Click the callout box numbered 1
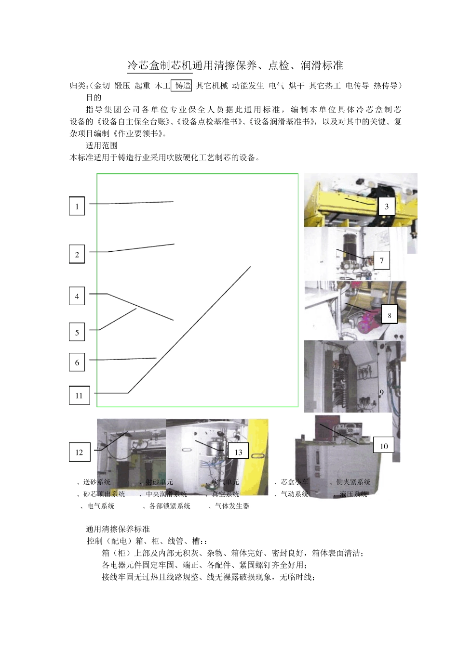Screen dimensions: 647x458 tap(77, 206)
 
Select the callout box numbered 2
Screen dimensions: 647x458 tap(77, 255)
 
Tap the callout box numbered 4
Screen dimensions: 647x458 tap(77, 296)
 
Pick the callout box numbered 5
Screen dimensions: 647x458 tap(77, 332)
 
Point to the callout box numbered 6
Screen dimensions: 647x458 tap(77, 362)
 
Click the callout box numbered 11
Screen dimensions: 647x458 tap(79, 395)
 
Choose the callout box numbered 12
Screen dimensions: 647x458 tap(79, 452)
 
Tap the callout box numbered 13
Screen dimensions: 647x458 tap(238, 452)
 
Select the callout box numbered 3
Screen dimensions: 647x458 tap(386, 206)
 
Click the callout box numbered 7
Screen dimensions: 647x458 tap(381, 260)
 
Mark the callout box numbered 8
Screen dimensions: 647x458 tap(390, 315)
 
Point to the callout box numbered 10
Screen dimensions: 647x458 tap(384, 446)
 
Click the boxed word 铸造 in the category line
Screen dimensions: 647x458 tap(182, 86)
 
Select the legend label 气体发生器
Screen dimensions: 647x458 tap(232, 506)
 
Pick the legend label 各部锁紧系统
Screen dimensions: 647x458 tap(169, 506)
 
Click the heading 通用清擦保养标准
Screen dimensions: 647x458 tap(118, 529)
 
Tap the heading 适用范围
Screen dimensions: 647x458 tap(101, 145)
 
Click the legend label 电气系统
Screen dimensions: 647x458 tap(100, 506)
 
